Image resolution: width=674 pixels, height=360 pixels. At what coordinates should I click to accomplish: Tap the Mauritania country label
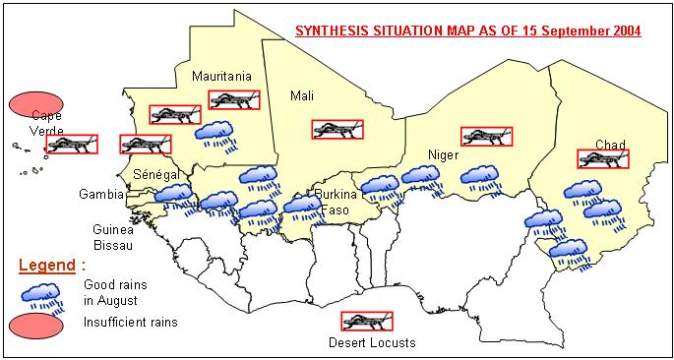[x=222, y=76]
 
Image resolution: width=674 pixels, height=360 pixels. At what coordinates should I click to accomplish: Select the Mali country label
[x=301, y=95]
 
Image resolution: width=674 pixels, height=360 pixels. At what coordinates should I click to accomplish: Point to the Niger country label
[x=444, y=155]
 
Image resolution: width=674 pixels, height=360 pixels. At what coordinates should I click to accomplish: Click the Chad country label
[x=610, y=145]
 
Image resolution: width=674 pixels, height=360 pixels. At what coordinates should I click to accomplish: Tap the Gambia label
[x=101, y=194]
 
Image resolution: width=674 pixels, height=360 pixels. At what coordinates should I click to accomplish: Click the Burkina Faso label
[x=332, y=202]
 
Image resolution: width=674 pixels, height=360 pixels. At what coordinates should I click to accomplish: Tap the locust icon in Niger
[x=486, y=136]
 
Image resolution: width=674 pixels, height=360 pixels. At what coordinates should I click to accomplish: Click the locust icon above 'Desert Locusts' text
[x=366, y=321]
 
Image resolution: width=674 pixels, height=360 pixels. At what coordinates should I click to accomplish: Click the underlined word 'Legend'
[x=47, y=266]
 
